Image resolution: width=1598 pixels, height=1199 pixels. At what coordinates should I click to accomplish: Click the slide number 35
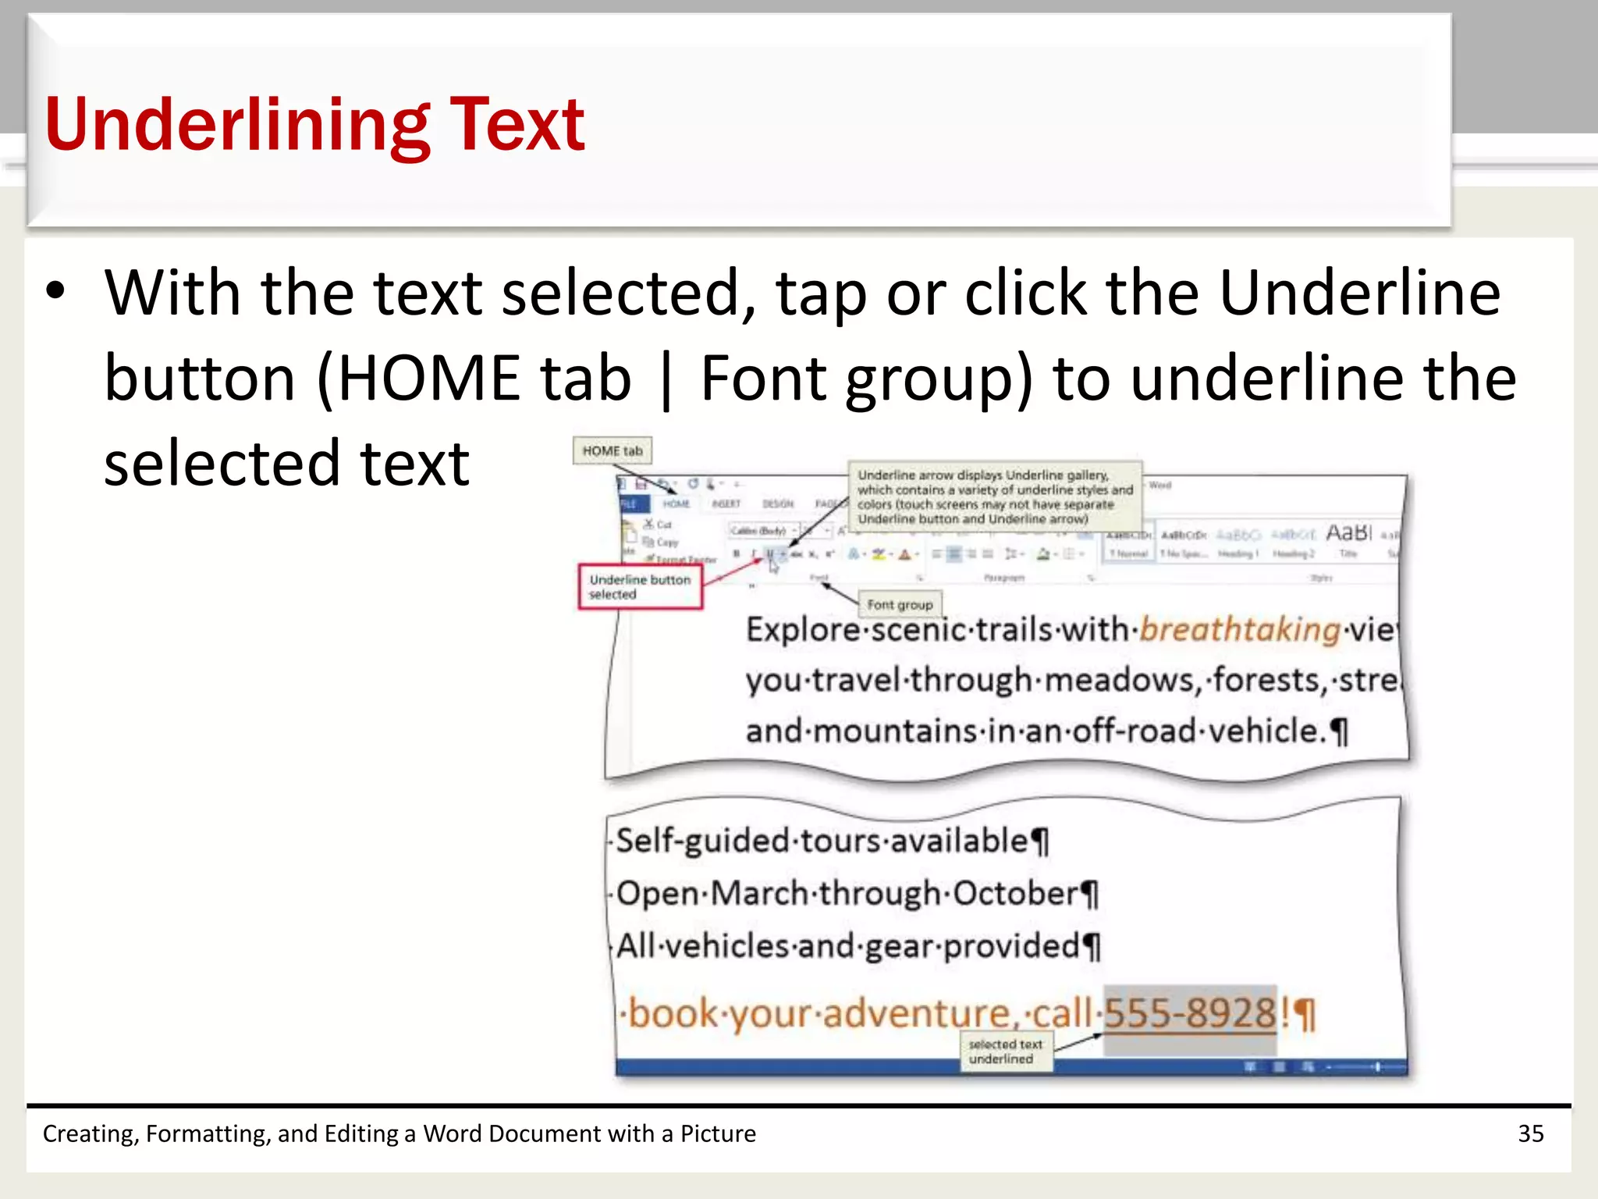pos(1530,1133)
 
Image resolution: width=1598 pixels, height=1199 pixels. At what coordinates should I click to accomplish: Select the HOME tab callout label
pos(613,451)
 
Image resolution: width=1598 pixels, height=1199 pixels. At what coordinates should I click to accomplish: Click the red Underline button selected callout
pos(640,587)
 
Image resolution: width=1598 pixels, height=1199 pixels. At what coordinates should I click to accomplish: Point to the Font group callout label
pos(900,605)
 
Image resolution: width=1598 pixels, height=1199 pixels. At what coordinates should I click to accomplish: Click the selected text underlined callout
pos(1005,1051)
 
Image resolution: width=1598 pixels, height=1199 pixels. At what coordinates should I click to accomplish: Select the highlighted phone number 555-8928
pos(1190,1013)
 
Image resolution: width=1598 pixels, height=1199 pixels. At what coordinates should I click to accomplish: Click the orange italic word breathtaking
pos(1240,629)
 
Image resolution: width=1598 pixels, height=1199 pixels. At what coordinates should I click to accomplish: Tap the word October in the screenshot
pos(1015,894)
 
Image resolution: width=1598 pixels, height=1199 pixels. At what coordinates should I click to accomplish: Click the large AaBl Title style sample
pos(1348,533)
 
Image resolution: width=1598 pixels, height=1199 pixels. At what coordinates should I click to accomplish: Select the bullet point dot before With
pos(55,292)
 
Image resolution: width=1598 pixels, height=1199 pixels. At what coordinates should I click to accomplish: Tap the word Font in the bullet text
pos(763,379)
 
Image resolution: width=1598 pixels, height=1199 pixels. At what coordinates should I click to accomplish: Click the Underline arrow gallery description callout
pos(994,496)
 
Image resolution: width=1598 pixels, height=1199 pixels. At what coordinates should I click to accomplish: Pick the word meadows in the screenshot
pos(1119,681)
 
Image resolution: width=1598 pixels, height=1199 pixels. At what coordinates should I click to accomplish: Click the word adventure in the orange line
pos(916,1013)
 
